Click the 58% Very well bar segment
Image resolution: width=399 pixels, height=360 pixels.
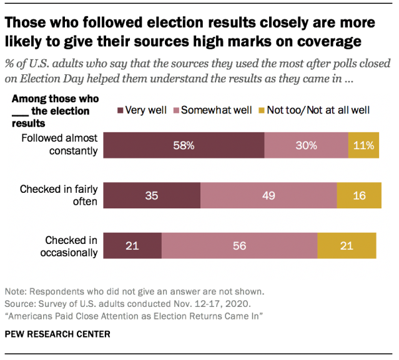pyautogui.click(x=184, y=146)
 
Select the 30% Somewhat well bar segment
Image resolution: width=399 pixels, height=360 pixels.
pyautogui.click(x=306, y=146)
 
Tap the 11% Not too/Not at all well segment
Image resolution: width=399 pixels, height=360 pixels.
pyautogui.click(x=364, y=146)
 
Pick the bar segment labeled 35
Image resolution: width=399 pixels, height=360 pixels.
pyautogui.click(x=152, y=195)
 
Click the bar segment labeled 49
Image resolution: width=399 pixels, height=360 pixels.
pyautogui.click(x=268, y=195)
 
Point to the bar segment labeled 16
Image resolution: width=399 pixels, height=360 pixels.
pyautogui.click(x=358, y=195)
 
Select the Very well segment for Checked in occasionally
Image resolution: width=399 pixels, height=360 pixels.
pyautogui.click(x=132, y=246)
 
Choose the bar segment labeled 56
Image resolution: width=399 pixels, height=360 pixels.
pyautogui.click(x=239, y=246)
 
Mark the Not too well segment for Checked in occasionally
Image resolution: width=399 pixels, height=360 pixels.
pyautogui.click(x=347, y=246)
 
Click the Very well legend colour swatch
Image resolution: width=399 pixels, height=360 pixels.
pyautogui.click(x=120, y=110)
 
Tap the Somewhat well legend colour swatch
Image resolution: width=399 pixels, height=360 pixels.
pyautogui.click(x=175, y=110)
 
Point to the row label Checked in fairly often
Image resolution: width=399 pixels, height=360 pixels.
pyautogui.click(x=59, y=195)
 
